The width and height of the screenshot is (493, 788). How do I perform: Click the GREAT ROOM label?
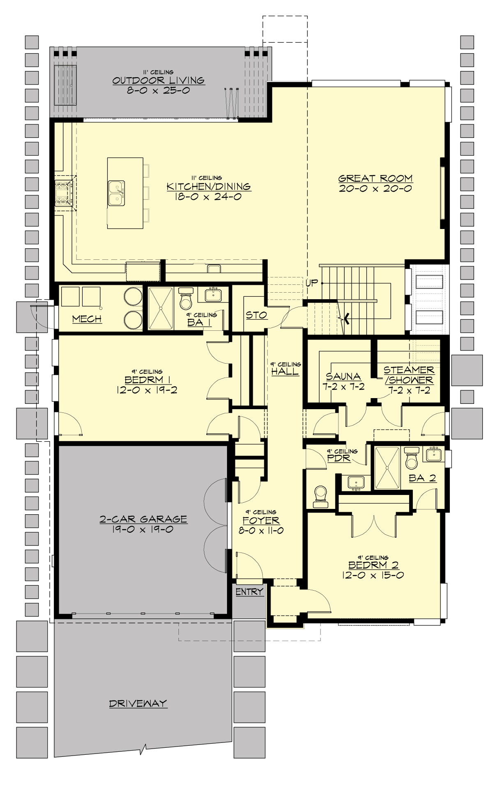[x=375, y=179]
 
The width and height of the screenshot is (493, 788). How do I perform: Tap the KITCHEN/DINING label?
[x=209, y=187]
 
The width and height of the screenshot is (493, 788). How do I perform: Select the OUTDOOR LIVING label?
[x=159, y=80]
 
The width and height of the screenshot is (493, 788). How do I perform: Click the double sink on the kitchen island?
[x=117, y=192]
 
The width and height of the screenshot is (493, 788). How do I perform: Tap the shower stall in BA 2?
[x=387, y=468]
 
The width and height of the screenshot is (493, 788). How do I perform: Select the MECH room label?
[x=87, y=319]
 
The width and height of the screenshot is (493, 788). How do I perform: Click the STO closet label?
[x=256, y=315]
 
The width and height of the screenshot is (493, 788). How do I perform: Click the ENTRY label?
[x=249, y=591]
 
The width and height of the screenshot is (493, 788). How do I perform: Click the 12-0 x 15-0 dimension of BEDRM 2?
[x=372, y=575]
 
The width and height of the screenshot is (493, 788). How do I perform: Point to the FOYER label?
[x=261, y=521]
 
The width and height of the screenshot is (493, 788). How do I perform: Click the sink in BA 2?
[x=434, y=454]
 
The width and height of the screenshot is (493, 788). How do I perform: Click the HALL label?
[x=285, y=372]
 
